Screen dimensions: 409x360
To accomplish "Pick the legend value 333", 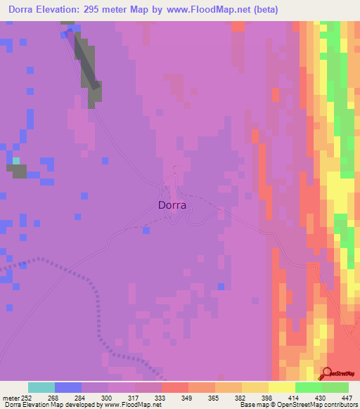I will pos(148,397).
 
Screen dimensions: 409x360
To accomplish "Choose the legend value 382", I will pos(229,397).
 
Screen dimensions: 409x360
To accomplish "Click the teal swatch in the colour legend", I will pos(41,387).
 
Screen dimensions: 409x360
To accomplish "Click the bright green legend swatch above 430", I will pos(309,387).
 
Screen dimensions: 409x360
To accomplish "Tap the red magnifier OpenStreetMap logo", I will pos(328,374).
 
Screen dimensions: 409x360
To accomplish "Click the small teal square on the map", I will pos(15,161).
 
